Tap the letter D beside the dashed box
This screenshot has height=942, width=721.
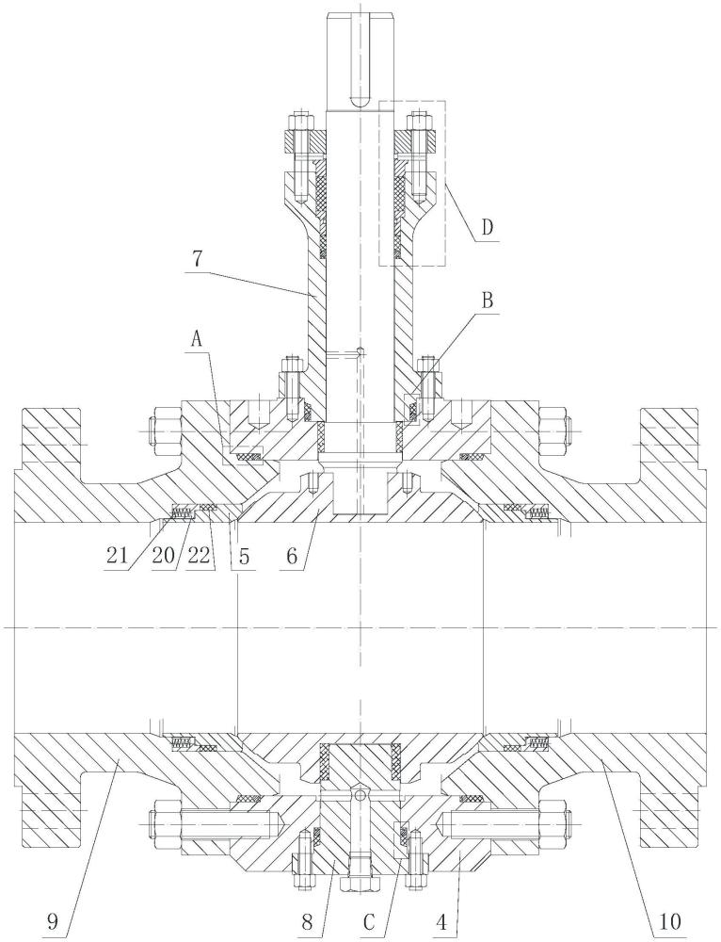[489, 227]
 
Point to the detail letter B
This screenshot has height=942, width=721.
[488, 300]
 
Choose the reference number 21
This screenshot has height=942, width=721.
[117, 556]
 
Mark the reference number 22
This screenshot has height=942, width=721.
[199, 556]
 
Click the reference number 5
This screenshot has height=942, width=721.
[246, 556]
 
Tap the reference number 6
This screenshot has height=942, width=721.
[293, 556]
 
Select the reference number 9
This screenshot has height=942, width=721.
[53, 920]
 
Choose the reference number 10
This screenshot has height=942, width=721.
[668, 920]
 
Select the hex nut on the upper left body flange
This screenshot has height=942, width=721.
[166, 431]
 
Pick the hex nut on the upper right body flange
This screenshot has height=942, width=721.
[553, 431]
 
